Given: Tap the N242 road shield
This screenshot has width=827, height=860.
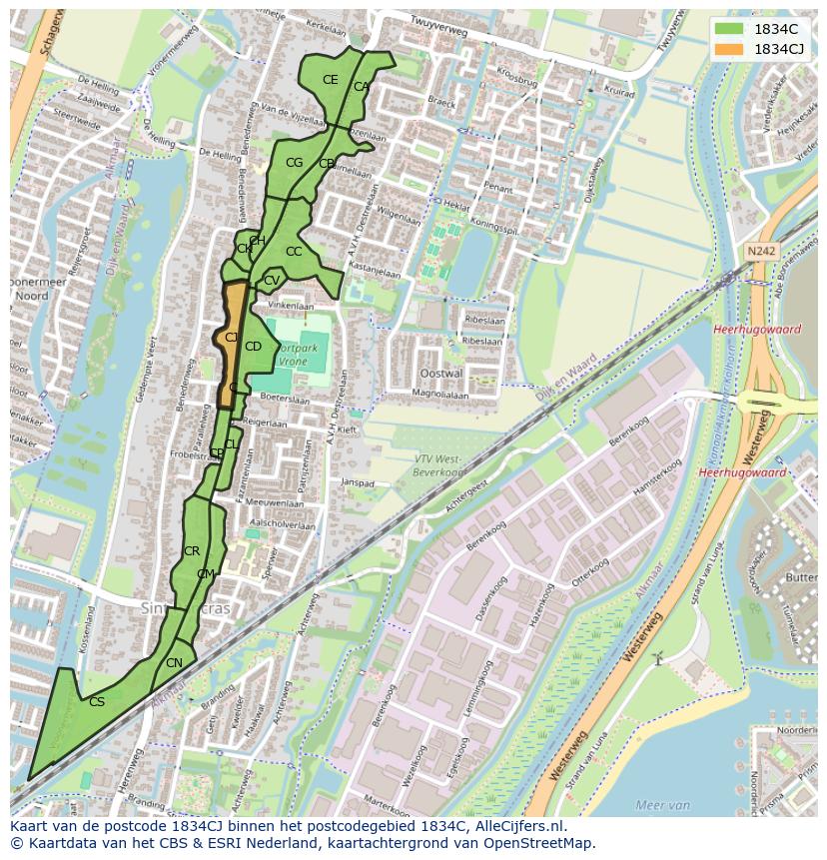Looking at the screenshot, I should click(x=759, y=252).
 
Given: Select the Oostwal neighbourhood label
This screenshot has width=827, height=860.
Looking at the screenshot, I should click(x=442, y=373).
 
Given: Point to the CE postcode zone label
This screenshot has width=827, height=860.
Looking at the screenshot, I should click(x=330, y=80).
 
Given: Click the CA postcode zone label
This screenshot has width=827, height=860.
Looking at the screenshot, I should click(x=361, y=87).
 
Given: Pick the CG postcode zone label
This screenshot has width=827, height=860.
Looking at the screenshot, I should click(x=294, y=162).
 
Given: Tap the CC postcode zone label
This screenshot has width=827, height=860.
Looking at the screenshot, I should click(x=293, y=252).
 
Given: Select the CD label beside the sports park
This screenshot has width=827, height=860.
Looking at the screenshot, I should click(x=253, y=347).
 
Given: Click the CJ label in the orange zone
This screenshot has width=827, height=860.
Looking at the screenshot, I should click(x=231, y=338).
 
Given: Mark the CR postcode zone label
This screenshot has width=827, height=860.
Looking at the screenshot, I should click(x=192, y=551).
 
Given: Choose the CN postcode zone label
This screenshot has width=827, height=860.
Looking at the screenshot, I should click(x=174, y=663).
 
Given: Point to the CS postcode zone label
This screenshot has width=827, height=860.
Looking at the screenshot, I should click(x=96, y=702).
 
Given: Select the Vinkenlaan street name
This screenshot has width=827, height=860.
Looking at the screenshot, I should click(x=291, y=307).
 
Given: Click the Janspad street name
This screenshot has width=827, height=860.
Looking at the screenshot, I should click(x=357, y=481).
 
